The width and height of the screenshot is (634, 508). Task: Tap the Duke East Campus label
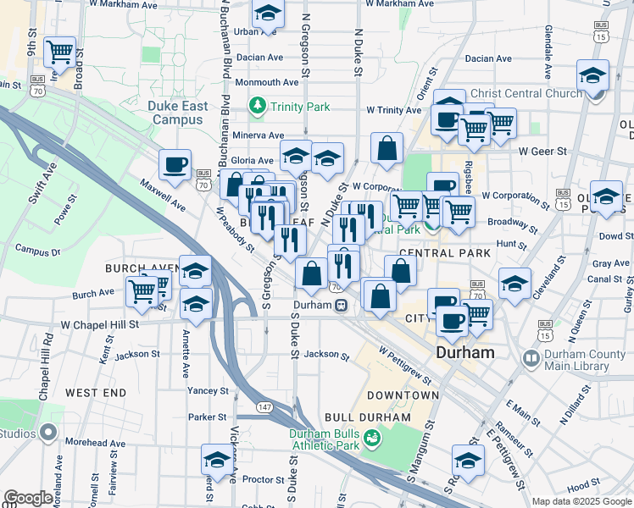click(x=177, y=113)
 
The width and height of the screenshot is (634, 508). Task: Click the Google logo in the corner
click(x=28, y=498)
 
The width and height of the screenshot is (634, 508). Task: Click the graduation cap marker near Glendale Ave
click(x=592, y=75)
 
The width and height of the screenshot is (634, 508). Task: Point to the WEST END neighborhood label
click(x=96, y=393)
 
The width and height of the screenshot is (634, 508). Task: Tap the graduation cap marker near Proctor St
click(x=217, y=461)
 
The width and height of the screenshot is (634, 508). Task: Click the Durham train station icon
click(x=339, y=306)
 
